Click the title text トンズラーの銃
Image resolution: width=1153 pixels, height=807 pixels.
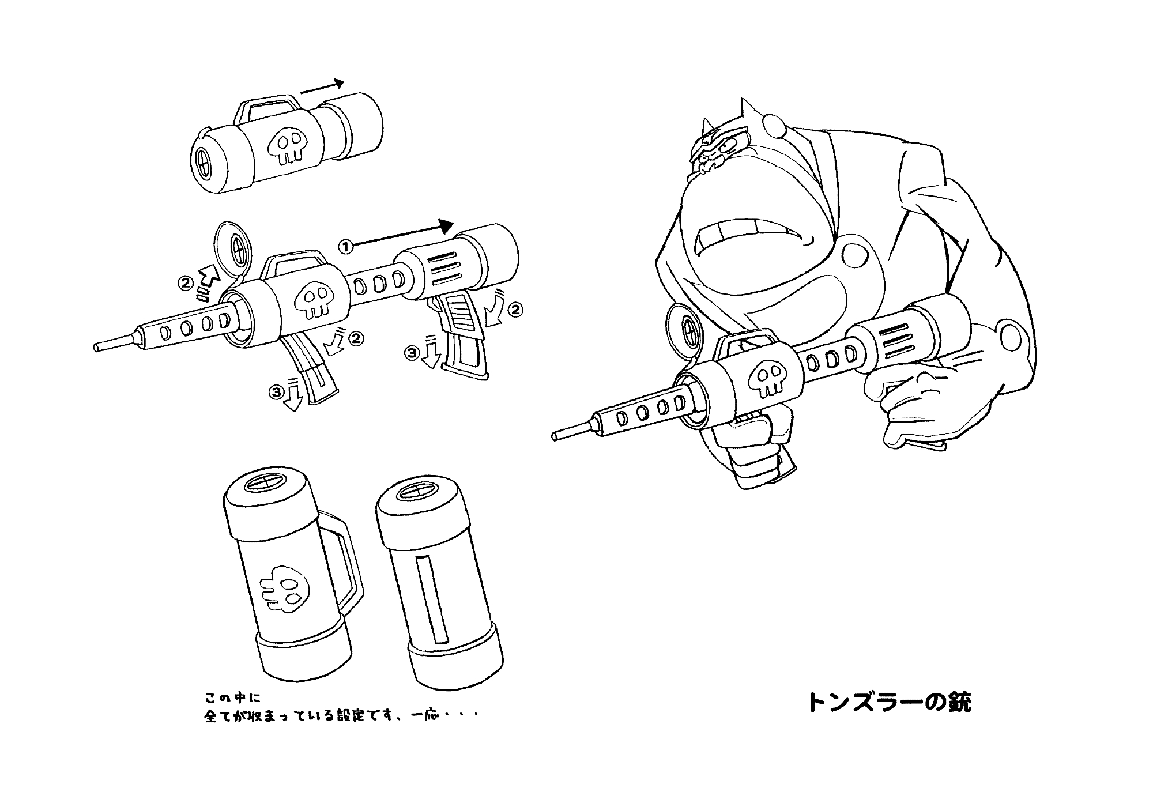point(888,702)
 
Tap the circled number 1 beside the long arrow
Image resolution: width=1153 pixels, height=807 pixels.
point(345,247)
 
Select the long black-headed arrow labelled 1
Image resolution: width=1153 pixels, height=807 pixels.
point(402,235)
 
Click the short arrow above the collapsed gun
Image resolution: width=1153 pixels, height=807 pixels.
point(322,86)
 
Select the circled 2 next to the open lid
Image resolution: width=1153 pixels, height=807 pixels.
point(186,283)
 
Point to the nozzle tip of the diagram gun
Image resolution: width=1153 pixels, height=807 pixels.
point(97,348)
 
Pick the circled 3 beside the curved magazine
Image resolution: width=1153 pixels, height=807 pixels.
point(277,393)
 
